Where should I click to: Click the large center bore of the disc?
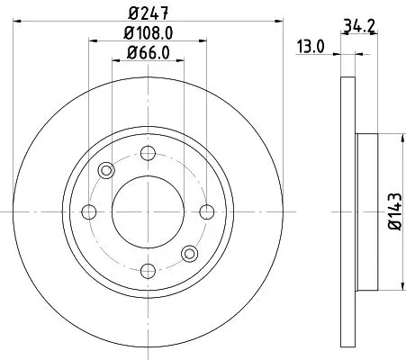148,211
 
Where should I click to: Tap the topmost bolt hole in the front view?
148,153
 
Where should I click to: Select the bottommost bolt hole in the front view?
148,271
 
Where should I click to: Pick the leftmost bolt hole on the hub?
88,211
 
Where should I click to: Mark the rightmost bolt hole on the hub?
206,211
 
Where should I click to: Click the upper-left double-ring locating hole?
106,170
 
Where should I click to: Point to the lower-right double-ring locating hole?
189,254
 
